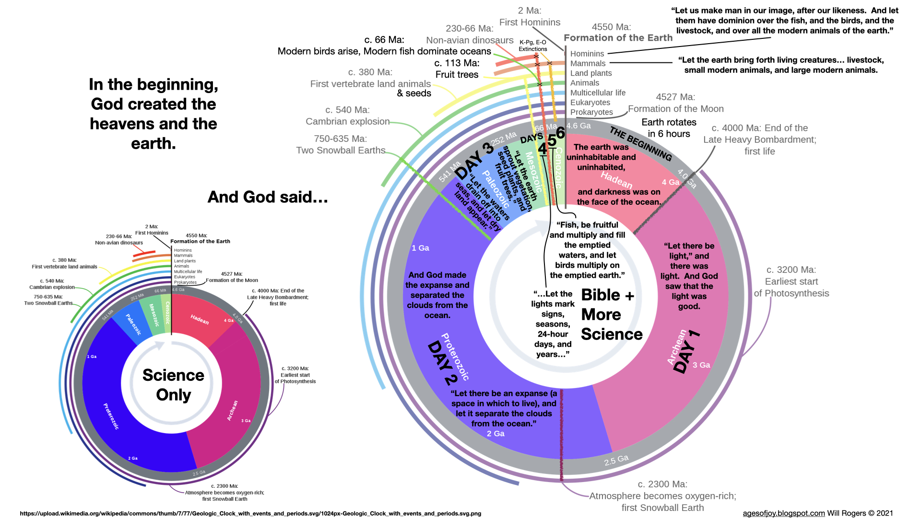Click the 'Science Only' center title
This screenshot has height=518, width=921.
coord(173,385)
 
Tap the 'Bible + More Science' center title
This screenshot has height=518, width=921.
coord(608,315)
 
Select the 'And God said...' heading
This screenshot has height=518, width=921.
coord(268,197)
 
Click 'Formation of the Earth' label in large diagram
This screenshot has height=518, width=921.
coord(618,38)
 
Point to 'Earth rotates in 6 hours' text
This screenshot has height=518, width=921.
coord(669,128)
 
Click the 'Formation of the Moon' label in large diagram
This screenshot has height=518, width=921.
coord(676,109)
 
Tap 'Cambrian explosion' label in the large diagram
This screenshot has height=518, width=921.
coord(348,121)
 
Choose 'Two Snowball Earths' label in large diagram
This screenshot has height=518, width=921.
coord(341,150)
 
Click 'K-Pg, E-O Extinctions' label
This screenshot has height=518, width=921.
coord(532,46)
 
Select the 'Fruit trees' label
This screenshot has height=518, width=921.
coord(457,74)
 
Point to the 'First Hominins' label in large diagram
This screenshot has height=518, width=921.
coord(530,22)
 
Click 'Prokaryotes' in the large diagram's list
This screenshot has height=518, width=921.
coord(591,112)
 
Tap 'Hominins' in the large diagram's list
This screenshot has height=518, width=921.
coord(587,54)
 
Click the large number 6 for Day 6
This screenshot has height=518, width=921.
coord(560,133)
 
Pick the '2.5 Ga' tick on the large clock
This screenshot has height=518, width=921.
coord(616,460)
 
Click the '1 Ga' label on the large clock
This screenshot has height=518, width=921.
coord(420,248)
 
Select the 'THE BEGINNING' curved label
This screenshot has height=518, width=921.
coord(640,143)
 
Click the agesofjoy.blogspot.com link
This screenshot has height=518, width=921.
coord(783,513)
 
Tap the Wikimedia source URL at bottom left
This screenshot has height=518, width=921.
coord(250,513)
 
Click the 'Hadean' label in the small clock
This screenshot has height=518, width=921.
coord(200,319)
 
